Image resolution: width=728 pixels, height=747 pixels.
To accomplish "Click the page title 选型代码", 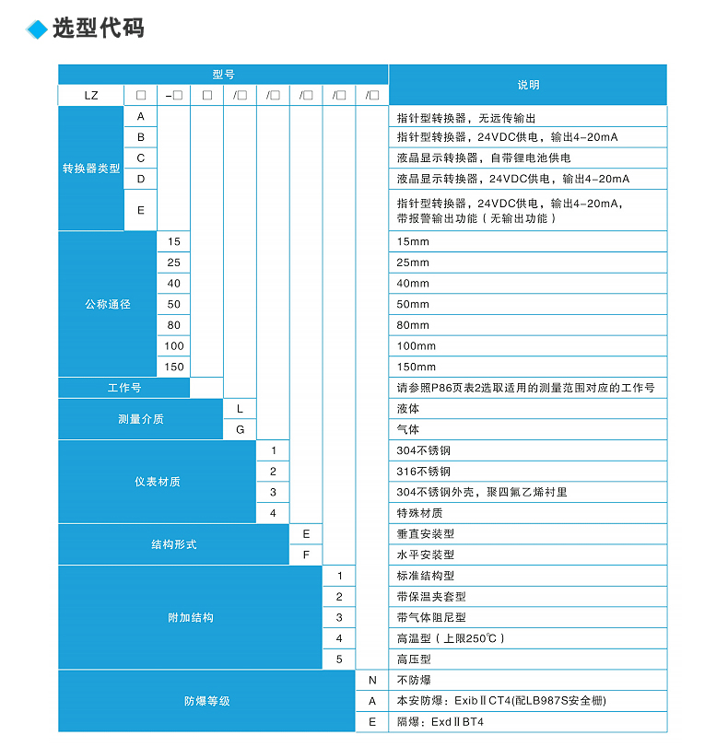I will click(x=99, y=29).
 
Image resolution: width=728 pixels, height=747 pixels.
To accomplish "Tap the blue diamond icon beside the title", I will click(x=37, y=29).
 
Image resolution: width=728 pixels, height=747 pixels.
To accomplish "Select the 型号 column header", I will click(x=223, y=75).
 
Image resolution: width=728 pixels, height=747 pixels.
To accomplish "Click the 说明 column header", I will click(x=528, y=85).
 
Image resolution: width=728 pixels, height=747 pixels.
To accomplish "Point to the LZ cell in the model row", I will click(x=91, y=95).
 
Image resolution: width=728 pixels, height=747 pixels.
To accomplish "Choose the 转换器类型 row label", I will click(x=91, y=169).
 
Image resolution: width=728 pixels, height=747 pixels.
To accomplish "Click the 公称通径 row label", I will click(x=108, y=304).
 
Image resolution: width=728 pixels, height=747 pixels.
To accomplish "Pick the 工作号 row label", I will click(x=124, y=388).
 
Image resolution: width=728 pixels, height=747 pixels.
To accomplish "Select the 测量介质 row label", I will click(x=141, y=419).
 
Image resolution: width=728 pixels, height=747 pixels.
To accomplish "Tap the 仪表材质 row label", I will click(x=158, y=482).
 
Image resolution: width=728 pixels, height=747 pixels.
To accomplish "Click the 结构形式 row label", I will click(x=174, y=544).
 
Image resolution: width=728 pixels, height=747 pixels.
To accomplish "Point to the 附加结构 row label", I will click(x=191, y=617).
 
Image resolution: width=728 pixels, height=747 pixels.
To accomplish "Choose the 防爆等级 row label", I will click(x=207, y=701).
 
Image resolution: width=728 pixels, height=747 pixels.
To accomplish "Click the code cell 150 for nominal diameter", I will click(x=174, y=367).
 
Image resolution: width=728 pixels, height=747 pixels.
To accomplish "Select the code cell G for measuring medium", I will click(x=241, y=429).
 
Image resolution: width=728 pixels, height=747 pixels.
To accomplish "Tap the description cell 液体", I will click(x=408, y=408).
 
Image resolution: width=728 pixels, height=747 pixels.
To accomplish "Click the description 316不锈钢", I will click(x=424, y=472).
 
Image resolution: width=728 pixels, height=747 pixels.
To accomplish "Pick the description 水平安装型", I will click(x=426, y=554).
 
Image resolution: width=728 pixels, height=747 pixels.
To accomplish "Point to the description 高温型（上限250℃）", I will click(x=451, y=638).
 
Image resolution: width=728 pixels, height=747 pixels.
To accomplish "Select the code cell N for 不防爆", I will click(x=372, y=680).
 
